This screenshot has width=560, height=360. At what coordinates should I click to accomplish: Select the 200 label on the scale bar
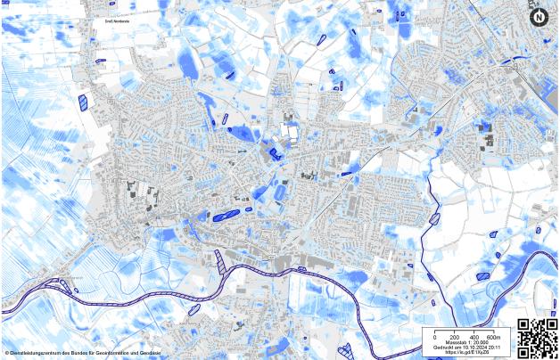(x=453, y=336)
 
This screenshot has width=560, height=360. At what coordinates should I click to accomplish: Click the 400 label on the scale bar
(x=473, y=336)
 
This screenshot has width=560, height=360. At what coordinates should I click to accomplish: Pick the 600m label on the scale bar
(x=494, y=336)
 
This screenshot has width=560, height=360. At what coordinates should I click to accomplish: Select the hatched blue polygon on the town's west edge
(x=83, y=102)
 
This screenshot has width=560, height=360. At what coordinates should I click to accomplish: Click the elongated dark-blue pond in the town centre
(x=227, y=215)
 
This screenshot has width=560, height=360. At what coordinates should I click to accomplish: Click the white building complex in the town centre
(x=289, y=134)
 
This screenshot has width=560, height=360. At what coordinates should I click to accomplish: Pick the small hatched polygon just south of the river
(x=194, y=309)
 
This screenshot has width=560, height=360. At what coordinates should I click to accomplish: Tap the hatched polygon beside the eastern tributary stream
(x=434, y=218)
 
